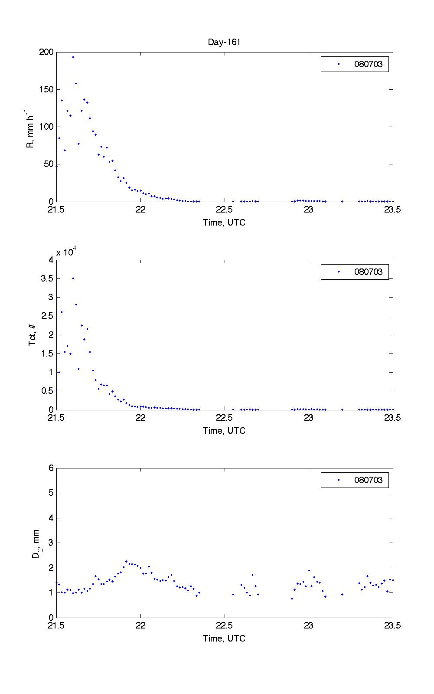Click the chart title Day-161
(x=224, y=42)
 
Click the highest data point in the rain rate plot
(x=73, y=57)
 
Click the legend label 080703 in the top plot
(x=368, y=64)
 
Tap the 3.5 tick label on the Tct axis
(x=48, y=278)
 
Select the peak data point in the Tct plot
(x=73, y=278)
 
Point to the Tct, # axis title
(x=33, y=335)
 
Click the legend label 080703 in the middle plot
(x=368, y=272)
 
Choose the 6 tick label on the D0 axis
(x=51, y=468)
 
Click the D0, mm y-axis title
(x=36, y=543)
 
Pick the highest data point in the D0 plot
(x=126, y=561)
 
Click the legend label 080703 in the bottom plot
(x=368, y=480)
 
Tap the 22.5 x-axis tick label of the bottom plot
(x=224, y=626)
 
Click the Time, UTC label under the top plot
(x=224, y=223)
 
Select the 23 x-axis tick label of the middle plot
(x=309, y=418)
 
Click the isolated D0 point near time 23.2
(x=342, y=594)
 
